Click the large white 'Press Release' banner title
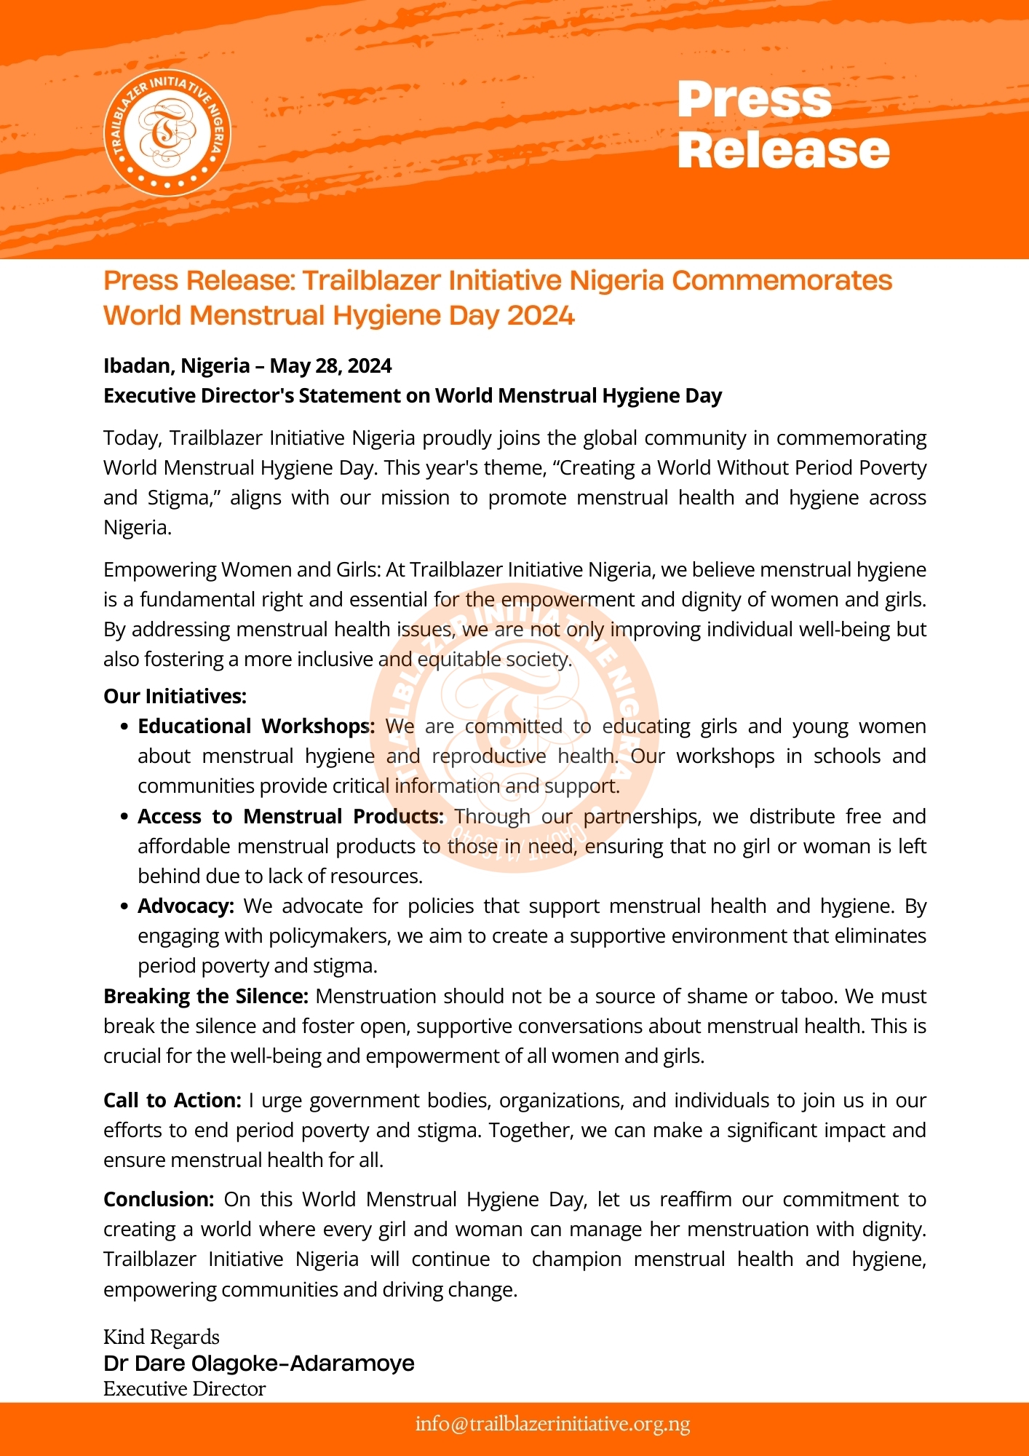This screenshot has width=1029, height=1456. [x=783, y=125]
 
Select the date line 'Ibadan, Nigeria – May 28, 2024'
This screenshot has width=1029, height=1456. [x=247, y=365]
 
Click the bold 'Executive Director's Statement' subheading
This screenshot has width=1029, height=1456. [x=412, y=395]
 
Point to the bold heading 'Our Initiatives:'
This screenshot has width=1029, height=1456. [x=175, y=696]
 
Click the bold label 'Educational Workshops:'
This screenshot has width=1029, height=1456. [x=256, y=726]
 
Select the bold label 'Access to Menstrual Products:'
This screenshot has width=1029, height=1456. [x=290, y=816]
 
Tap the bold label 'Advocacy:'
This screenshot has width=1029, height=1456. [x=186, y=906]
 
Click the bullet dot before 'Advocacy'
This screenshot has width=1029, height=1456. [x=124, y=906]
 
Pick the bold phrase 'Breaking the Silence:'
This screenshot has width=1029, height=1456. [x=206, y=996]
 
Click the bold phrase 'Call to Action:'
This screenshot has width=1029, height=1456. [x=172, y=1100]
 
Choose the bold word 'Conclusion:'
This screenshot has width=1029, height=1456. [x=159, y=1199]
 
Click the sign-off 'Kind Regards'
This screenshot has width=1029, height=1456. [x=162, y=1337]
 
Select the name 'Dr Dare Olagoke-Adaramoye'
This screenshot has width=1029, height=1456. [x=259, y=1363]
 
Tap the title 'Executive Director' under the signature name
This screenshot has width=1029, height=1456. [x=185, y=1388]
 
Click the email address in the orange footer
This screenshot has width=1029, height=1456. [x=552, y=1424]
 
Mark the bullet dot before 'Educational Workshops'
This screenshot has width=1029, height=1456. [x=124, y=727]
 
